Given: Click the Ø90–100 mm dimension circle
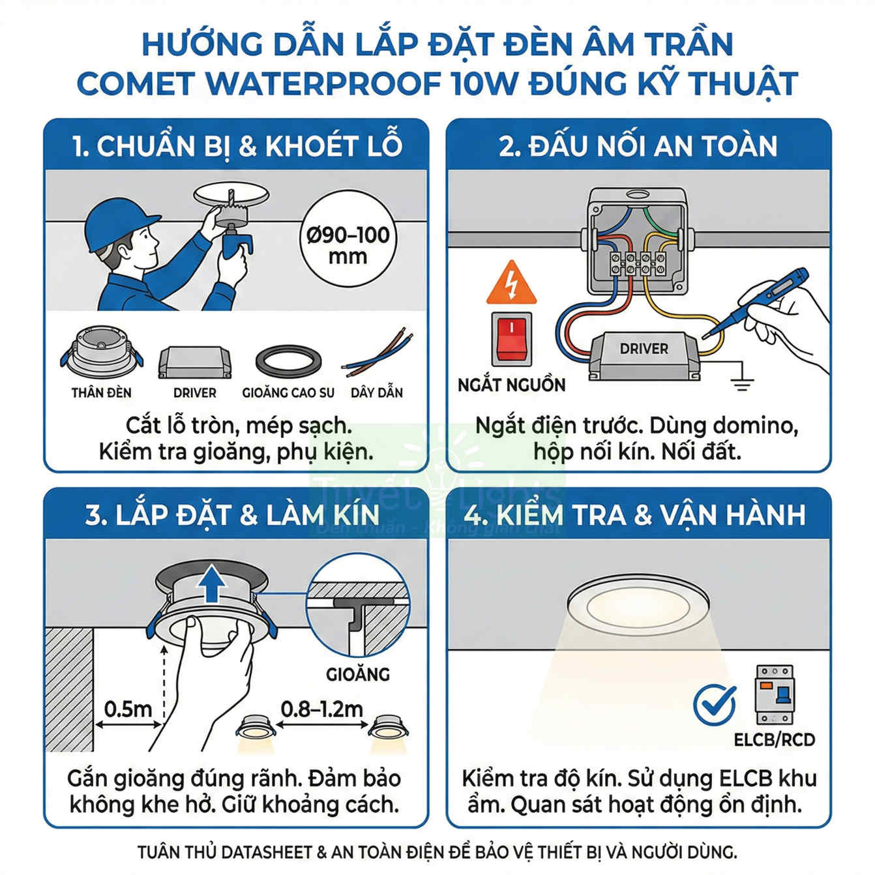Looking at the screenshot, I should (x=348, y=245).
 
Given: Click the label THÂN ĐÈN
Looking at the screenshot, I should (x=101, y=393).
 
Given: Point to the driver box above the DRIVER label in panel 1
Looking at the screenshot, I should (x=194, y=363).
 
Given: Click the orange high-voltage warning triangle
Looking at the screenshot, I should (x=512, y=284).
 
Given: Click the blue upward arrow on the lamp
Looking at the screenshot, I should (x=211, y=584).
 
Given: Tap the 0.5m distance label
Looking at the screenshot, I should (x=128, y=709).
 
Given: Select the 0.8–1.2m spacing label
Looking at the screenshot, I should (x=321, y=709).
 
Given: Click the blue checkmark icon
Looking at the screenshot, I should (x=715, y=705).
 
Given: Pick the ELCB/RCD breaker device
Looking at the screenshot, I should (x=775, y=694).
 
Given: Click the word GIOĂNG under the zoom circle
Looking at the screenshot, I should (x=358, y=674).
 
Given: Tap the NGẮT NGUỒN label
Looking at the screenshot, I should (x=512, y=385).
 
